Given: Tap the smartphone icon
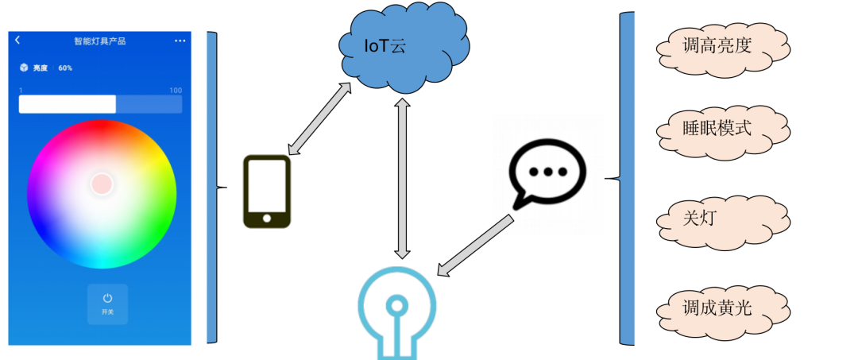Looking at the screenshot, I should click(266, 191).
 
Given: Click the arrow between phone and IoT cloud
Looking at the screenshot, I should click(319, 118).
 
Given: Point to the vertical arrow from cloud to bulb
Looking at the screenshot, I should click(403, 178).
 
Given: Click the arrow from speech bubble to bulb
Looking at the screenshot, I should click(477, 246).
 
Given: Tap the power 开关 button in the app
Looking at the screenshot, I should click(107, 303).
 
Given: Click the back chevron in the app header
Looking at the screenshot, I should click(17, 41).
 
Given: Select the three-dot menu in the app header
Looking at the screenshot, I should click(180, 41).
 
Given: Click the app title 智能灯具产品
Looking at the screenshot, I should click(99, 41).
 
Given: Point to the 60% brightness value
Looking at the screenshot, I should click(65, 68).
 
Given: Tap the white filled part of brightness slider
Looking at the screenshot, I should click(68, 104).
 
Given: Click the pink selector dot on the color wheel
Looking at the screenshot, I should click(102, 184).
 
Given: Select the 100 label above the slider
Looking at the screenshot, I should click(176, 91).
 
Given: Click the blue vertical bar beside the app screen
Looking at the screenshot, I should click(211, 188).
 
